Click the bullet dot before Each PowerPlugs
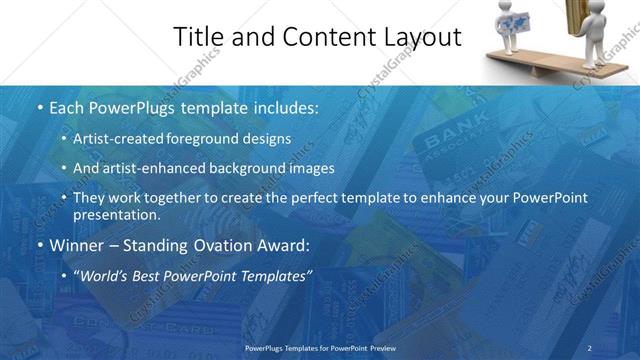[x=39, y=107]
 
